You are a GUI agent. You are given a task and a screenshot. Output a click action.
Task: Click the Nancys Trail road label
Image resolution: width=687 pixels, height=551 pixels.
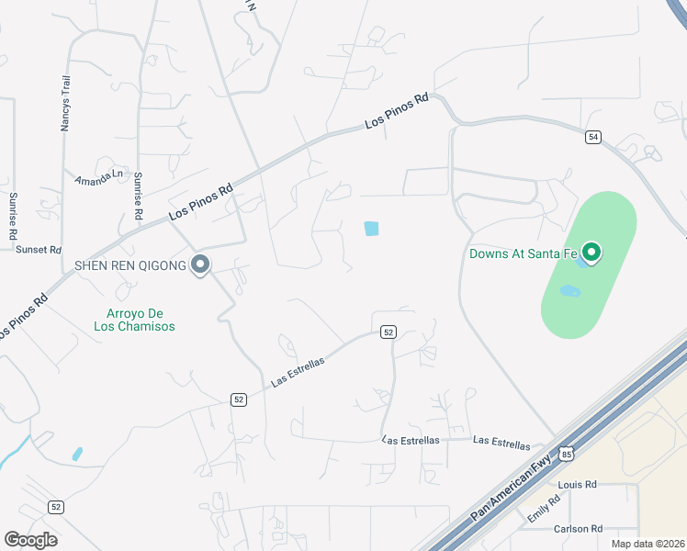(x=65, y=103)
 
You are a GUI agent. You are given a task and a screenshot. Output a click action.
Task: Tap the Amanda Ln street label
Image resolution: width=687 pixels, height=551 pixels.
(x=98, y=176)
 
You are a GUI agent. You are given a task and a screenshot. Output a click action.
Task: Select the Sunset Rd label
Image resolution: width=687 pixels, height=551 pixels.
(x=38, y=250)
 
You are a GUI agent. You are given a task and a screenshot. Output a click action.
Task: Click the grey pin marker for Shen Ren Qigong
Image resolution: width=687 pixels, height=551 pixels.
(x=200, y=266)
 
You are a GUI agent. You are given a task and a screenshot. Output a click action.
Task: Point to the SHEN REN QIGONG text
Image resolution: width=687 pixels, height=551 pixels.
(x=130, y=266)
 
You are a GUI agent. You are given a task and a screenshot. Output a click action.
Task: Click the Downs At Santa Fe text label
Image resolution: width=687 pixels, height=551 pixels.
(x=524, y=253)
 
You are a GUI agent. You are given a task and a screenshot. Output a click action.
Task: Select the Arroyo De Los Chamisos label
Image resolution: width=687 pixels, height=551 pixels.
(x=134, y=319)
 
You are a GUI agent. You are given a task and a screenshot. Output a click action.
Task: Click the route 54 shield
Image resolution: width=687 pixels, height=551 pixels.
(x=593, y=137)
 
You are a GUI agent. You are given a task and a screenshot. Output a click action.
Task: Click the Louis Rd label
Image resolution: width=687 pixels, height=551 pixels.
(x=578, y=484)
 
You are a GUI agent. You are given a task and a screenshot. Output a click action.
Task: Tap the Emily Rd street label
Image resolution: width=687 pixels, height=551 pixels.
(x=544, y=512)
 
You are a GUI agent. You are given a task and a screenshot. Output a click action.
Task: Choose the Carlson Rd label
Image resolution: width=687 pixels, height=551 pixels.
(x=578, y=529)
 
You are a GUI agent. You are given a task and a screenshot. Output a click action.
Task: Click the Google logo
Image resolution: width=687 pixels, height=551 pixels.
(x=30, y=539)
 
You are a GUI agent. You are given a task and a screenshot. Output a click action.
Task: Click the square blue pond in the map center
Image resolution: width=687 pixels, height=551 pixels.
(x=371, y=228)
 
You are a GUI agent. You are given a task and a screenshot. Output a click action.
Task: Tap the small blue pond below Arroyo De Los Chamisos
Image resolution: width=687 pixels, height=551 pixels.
(x=77, y=454)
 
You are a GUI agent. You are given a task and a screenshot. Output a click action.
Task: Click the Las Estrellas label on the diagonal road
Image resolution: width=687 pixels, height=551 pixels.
(x=298, y=372)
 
